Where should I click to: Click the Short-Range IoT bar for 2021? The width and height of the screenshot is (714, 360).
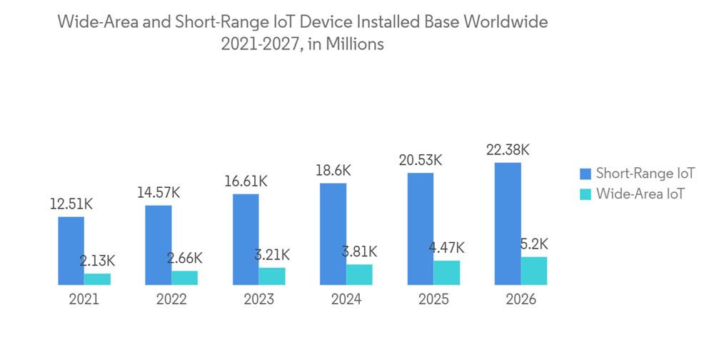click(x=71, y=251)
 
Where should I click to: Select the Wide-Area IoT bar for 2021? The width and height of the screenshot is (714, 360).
click(x=97, y=279)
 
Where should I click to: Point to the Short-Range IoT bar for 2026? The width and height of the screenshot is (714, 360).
click(x=508, y=224)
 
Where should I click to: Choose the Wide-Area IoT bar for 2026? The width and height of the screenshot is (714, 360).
click(x=534, y=271)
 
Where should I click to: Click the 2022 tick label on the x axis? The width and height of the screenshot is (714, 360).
click(x=171, y=299)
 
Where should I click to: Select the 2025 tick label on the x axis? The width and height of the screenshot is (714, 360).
click(x=433, y=299)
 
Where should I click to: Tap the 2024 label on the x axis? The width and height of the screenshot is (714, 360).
click(x=346, y=299)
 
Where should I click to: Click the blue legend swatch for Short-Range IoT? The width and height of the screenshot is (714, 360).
click(x=585, y=173)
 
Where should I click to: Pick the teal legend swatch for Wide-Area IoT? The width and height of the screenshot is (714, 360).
click(x=585, y=193)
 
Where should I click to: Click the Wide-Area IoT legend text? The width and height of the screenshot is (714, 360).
click(x=640, y=193)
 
